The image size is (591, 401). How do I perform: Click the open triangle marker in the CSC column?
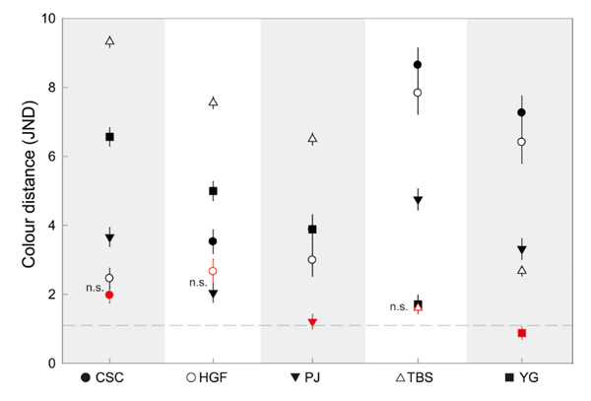(109, 41)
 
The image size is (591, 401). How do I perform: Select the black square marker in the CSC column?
(109, 137)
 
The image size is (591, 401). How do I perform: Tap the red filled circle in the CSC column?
(109, 295)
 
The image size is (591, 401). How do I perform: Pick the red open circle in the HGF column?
(213, 271)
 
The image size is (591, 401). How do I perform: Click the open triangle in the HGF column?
(213, 101)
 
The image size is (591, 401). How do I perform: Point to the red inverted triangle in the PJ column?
(312, 323)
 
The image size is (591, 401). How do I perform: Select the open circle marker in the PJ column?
(312, 260)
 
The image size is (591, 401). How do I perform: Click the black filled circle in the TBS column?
(418, 65)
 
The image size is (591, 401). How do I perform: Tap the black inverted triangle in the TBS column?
(418, 201)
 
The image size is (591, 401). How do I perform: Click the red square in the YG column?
(521, 333)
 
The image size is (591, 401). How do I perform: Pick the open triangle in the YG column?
(521, 270)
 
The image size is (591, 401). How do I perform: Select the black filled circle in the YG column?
(521, 112)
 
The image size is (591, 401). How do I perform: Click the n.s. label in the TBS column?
(398, 306)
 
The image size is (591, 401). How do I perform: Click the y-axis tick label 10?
(46, 19)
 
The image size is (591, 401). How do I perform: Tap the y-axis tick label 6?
(50, 157)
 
